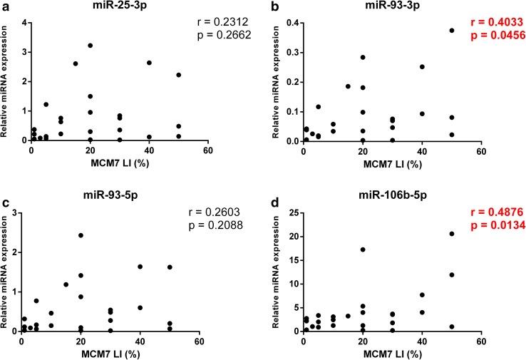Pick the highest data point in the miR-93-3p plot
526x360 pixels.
[x=451, y=31]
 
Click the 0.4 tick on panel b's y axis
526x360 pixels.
[x=290, y=23]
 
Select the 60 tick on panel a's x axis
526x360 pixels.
[x=208, y=151]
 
